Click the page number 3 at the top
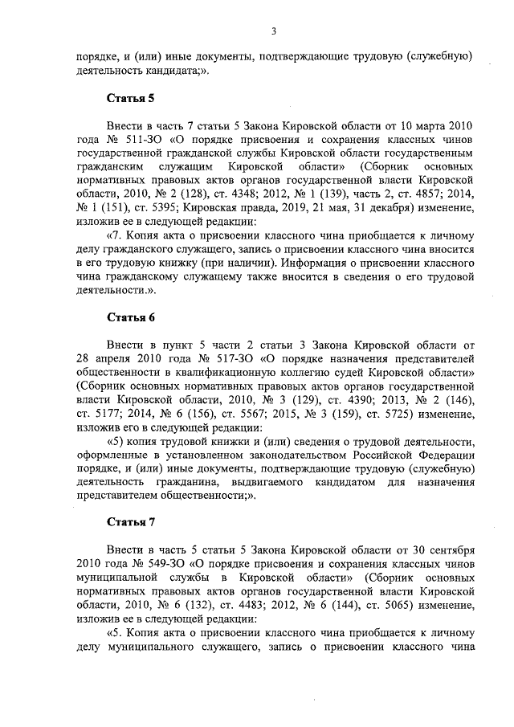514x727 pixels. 274,31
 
